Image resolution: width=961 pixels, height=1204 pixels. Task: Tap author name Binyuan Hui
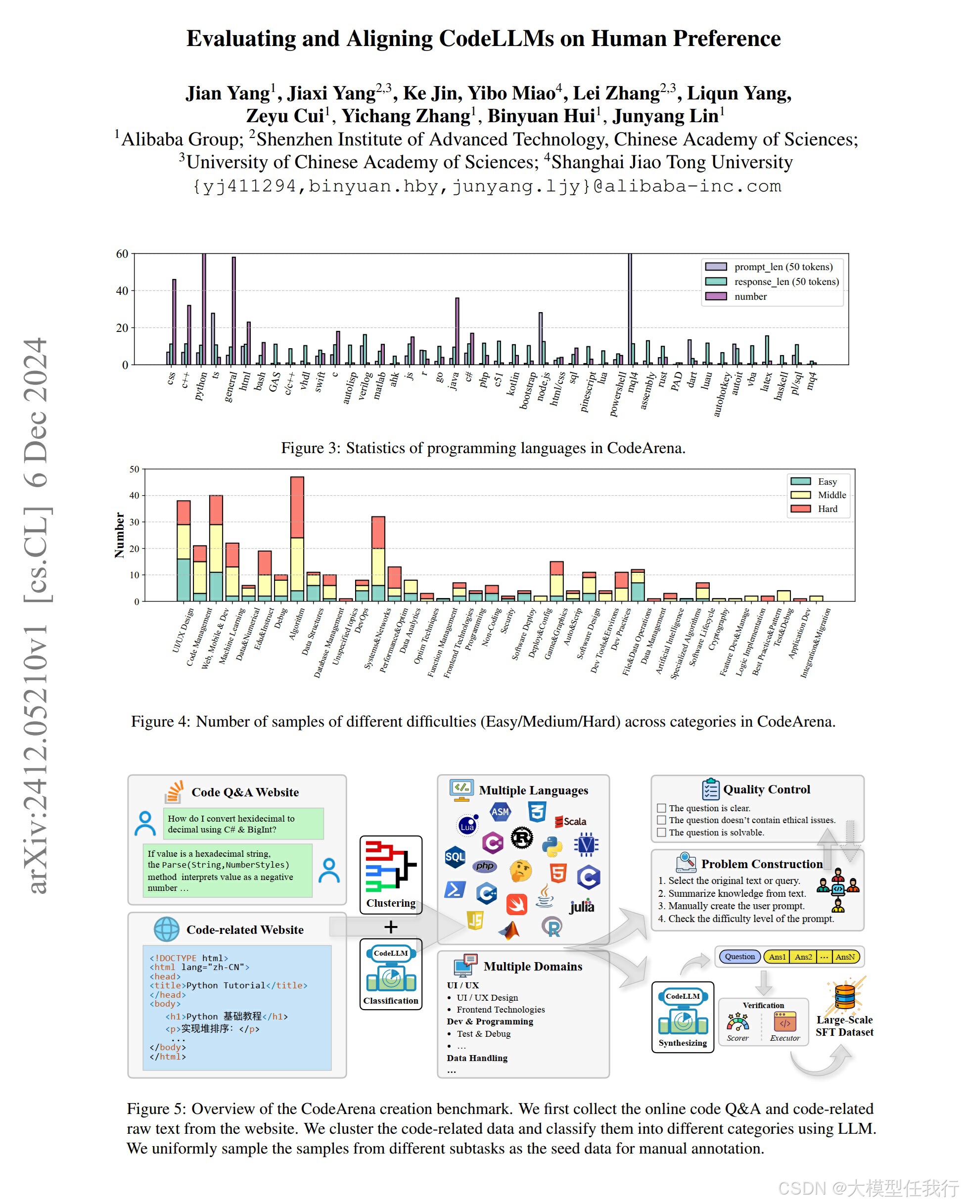point(541,116)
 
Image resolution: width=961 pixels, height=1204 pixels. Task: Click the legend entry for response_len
point(785,281)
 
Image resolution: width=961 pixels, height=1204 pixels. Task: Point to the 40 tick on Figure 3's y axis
point(122,291)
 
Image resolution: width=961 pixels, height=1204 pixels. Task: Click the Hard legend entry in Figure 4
point(827,509)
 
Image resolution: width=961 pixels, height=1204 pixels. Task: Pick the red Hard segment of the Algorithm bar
point(297,507)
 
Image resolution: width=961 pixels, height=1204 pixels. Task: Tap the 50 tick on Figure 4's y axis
point(134,469)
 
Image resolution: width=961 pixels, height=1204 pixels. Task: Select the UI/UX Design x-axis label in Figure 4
point(183,631)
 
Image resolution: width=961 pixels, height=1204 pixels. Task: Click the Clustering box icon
point(391,867)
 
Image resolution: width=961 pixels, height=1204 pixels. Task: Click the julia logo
point(581,906)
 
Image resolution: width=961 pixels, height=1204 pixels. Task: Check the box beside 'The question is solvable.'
point(662,832)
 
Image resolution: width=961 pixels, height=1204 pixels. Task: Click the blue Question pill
point(739,957)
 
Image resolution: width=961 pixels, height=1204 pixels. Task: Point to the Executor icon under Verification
point(784,1022)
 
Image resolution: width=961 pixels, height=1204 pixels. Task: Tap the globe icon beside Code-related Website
point(166,929)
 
